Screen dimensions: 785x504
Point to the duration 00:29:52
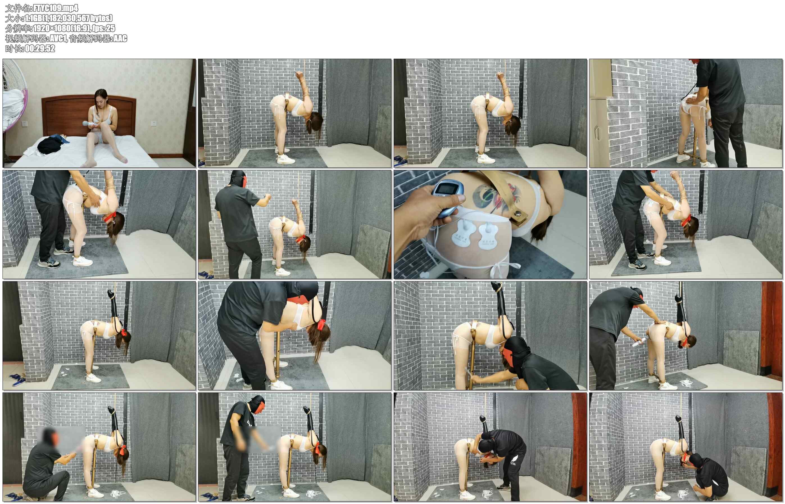pos(40,48)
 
